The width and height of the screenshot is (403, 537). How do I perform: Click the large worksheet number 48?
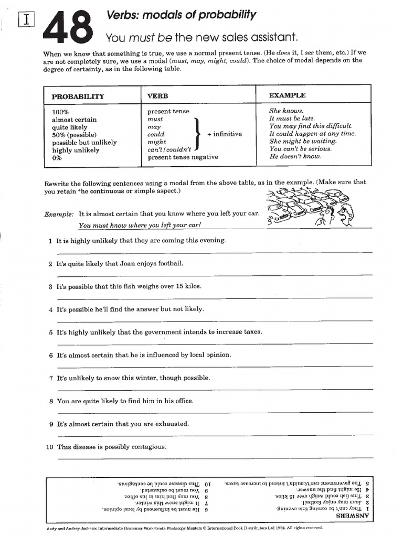point(69,28)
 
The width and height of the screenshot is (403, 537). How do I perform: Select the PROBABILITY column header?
point(78,96)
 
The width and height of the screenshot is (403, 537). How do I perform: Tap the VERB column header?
point(158,96)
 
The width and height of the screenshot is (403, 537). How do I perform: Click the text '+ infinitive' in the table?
point(225,134)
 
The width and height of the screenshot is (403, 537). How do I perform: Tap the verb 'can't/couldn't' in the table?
point(169,149)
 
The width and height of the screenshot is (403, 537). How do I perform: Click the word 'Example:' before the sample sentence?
point(59,214)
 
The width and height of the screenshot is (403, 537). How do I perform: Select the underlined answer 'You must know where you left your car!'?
point(140,225)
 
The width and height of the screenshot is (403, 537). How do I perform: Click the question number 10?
point(49,447)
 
